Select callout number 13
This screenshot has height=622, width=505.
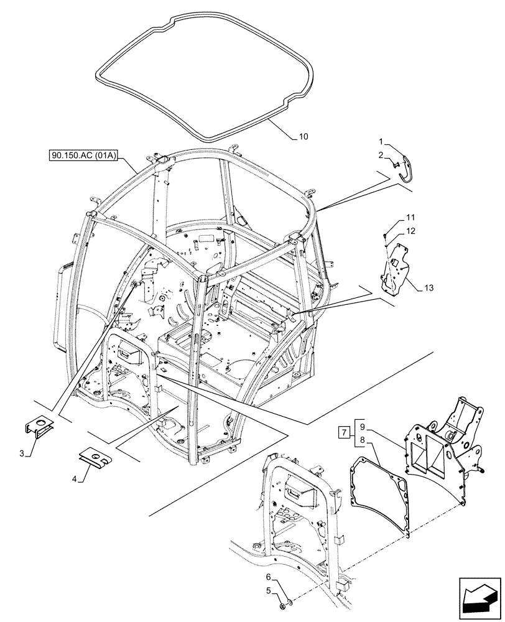pyautogui.click(x=429, y=288)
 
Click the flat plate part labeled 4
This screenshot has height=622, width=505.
pyautogui.click(x=95, y=459)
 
